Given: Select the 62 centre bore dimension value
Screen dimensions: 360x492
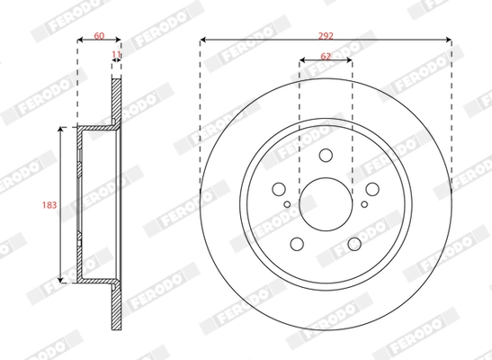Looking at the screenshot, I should click(326, 58).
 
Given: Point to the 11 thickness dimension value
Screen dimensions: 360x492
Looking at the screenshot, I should click(115, 56).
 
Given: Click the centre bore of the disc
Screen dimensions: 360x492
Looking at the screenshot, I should click(326, 206).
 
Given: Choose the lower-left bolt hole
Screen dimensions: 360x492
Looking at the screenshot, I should click(296, 245).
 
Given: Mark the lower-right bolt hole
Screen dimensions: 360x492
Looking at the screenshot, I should click(354, 245).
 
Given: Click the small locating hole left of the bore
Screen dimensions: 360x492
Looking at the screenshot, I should click(287, 204).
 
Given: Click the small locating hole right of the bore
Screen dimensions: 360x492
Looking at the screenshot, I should click(363, 204).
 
